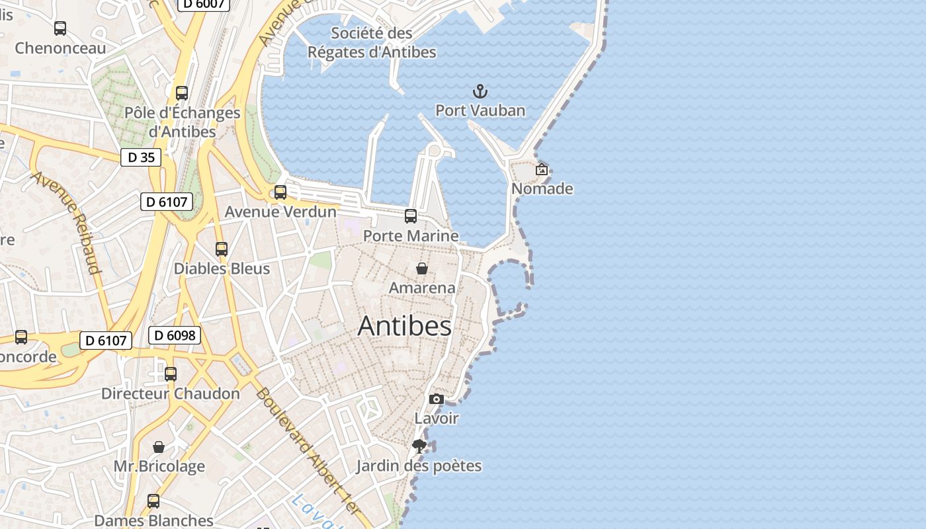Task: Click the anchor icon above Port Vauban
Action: [480, 91]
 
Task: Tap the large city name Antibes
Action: [405, 326]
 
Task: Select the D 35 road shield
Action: [141, 157]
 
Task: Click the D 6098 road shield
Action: [175, 335]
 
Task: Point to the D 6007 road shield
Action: [204, 4]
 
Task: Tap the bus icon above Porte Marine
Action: [411, 216]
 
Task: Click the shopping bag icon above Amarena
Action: [422, 268]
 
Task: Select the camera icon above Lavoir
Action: [437, 399]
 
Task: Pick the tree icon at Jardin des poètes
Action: [419, 446]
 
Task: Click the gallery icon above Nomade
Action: [542, 169]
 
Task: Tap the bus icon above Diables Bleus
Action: [222, 249]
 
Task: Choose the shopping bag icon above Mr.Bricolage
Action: [159, 447]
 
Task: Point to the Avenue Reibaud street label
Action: [66, 222]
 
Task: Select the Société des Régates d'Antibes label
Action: [372, 42]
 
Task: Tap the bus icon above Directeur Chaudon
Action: [171, 374]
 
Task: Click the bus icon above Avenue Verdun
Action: [280, 192]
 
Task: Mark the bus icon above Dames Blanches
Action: [153, 501]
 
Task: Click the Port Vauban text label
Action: [480, 110]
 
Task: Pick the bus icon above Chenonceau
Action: [60, 28]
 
